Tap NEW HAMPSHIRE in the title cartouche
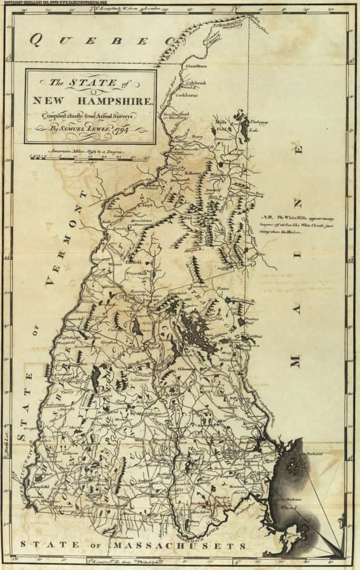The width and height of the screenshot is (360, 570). (x=92, y=101)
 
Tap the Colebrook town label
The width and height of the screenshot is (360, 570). (x=195, y=83)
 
